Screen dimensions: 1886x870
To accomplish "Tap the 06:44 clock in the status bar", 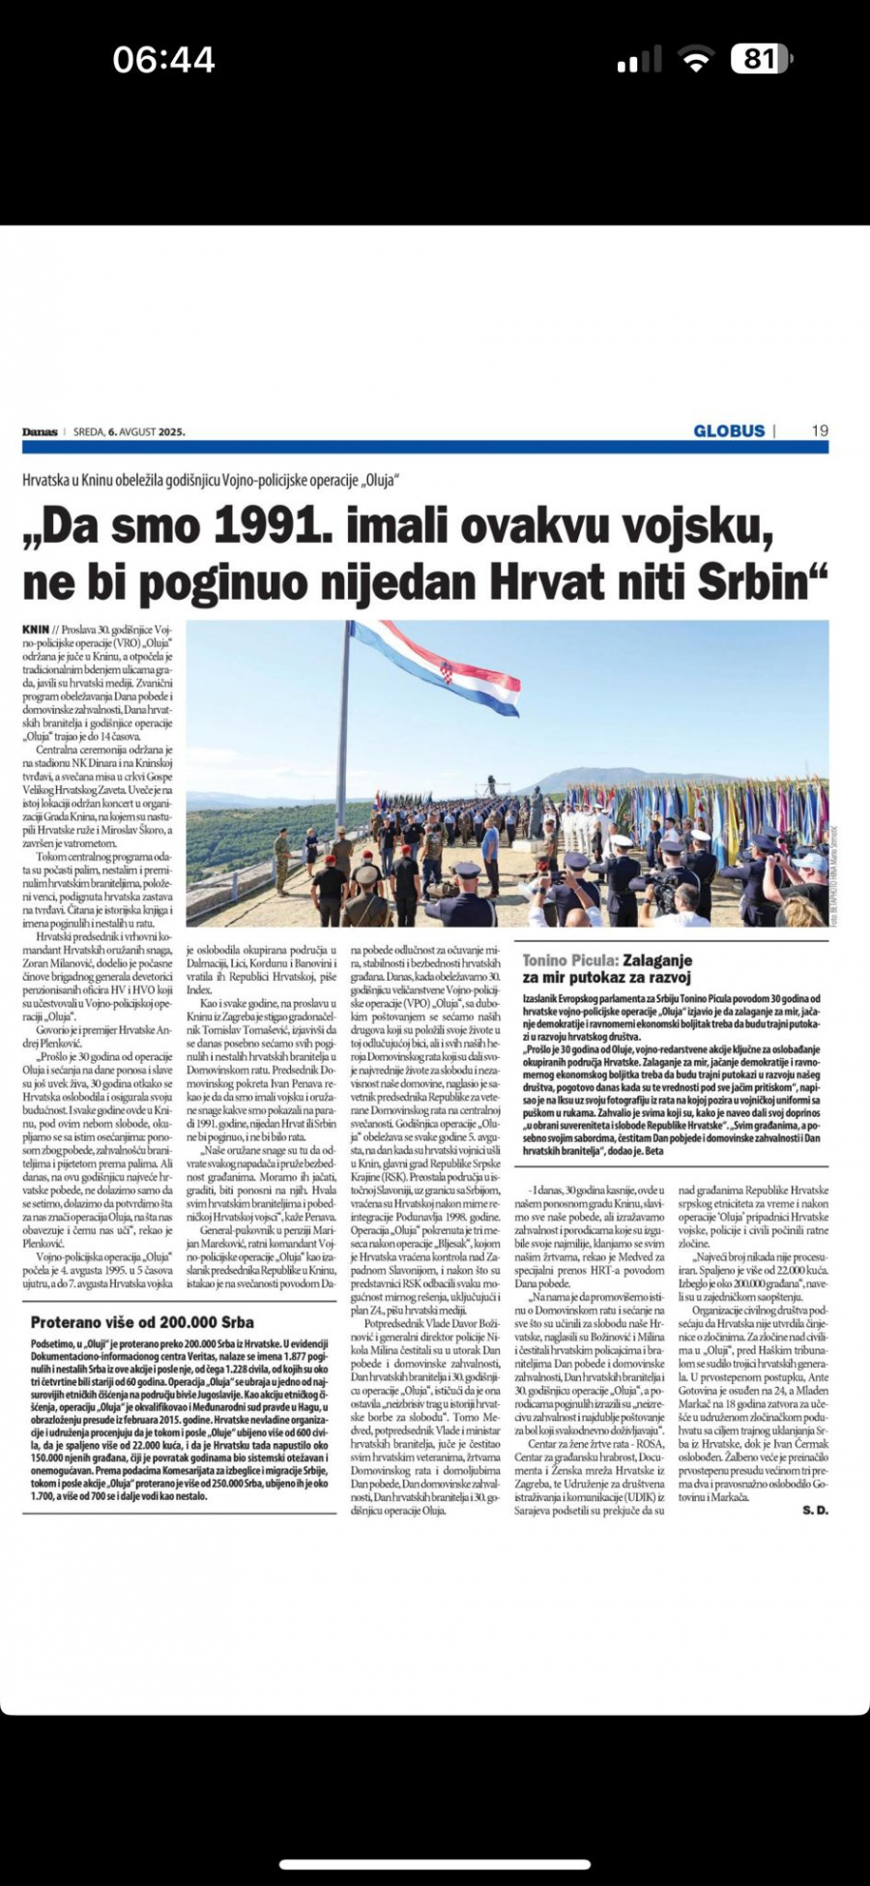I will [x=163, y=60].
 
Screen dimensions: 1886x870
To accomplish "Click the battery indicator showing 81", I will [x=761, y=59].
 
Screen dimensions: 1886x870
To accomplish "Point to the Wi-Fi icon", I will [x=695, y=60].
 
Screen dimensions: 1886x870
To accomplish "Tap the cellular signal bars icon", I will [x=640, y=62].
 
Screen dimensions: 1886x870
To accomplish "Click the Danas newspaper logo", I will [x=41, y=431].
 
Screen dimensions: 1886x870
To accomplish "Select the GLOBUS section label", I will [x=729, y=431].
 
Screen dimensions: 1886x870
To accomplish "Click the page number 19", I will [x=819, y=431].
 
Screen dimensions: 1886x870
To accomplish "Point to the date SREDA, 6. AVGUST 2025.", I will [x=129, y=432].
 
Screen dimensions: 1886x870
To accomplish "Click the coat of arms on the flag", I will [x=446, y=671].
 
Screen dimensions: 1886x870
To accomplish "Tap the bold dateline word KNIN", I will [x=36, y=630].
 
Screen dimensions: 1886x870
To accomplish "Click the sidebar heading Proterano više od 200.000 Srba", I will [x=142, y=1322].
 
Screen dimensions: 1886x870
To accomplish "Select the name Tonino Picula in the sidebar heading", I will [x=568, y=960].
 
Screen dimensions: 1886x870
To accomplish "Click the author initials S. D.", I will [x=815, y=1510].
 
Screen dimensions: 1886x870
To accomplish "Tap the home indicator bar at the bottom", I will [x=434, y=1863].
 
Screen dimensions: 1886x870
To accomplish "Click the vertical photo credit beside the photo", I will [x=834, y=876].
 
